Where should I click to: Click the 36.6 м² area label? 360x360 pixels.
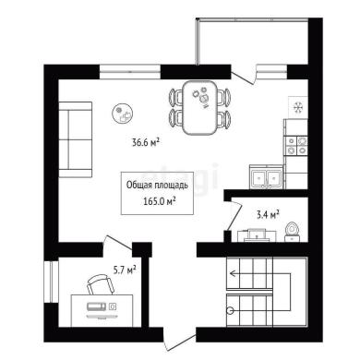point(146,142)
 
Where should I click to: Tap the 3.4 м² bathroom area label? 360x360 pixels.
point(268,214)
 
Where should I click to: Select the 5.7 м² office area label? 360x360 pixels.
point(125,270)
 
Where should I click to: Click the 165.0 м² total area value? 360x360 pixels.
point(160,201)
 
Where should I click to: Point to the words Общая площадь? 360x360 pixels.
point(157,186)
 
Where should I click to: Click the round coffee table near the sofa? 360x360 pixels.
point(122,114)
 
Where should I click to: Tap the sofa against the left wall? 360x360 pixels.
point(76,139)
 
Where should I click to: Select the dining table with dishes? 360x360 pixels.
point(199,107)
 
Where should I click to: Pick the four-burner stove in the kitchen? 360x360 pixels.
point(296,146)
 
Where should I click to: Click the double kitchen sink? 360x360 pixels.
point(266,177)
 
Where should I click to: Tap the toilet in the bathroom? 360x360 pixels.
point(292,232)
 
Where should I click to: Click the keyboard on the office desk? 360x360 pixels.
point(97,306)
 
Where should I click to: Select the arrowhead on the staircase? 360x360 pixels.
point(233,273)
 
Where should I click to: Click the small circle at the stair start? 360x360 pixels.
point(230,311)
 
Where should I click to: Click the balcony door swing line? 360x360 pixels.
point(243,78)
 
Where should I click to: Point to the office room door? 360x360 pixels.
point(118,242)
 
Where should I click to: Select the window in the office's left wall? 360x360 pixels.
point(51,282)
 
